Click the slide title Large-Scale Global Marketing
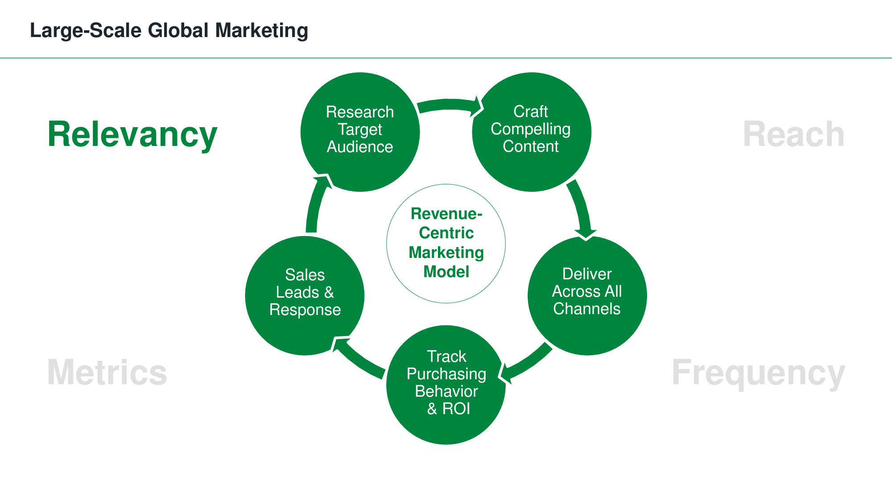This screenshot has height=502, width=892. (x=169, y=30)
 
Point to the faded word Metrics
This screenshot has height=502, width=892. (x=107, y=372)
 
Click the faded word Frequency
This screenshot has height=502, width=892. (x=758, y=373)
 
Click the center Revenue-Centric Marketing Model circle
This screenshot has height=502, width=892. (x=446, y=243)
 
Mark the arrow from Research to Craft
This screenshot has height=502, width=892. (x=448, y=105)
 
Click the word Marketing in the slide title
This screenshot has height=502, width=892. (x=261, y=30)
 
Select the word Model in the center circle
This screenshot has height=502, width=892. (x=446, y=272)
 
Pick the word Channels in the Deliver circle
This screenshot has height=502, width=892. (x=586, y=309)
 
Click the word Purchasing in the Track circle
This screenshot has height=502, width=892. (x=446, y=374)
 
